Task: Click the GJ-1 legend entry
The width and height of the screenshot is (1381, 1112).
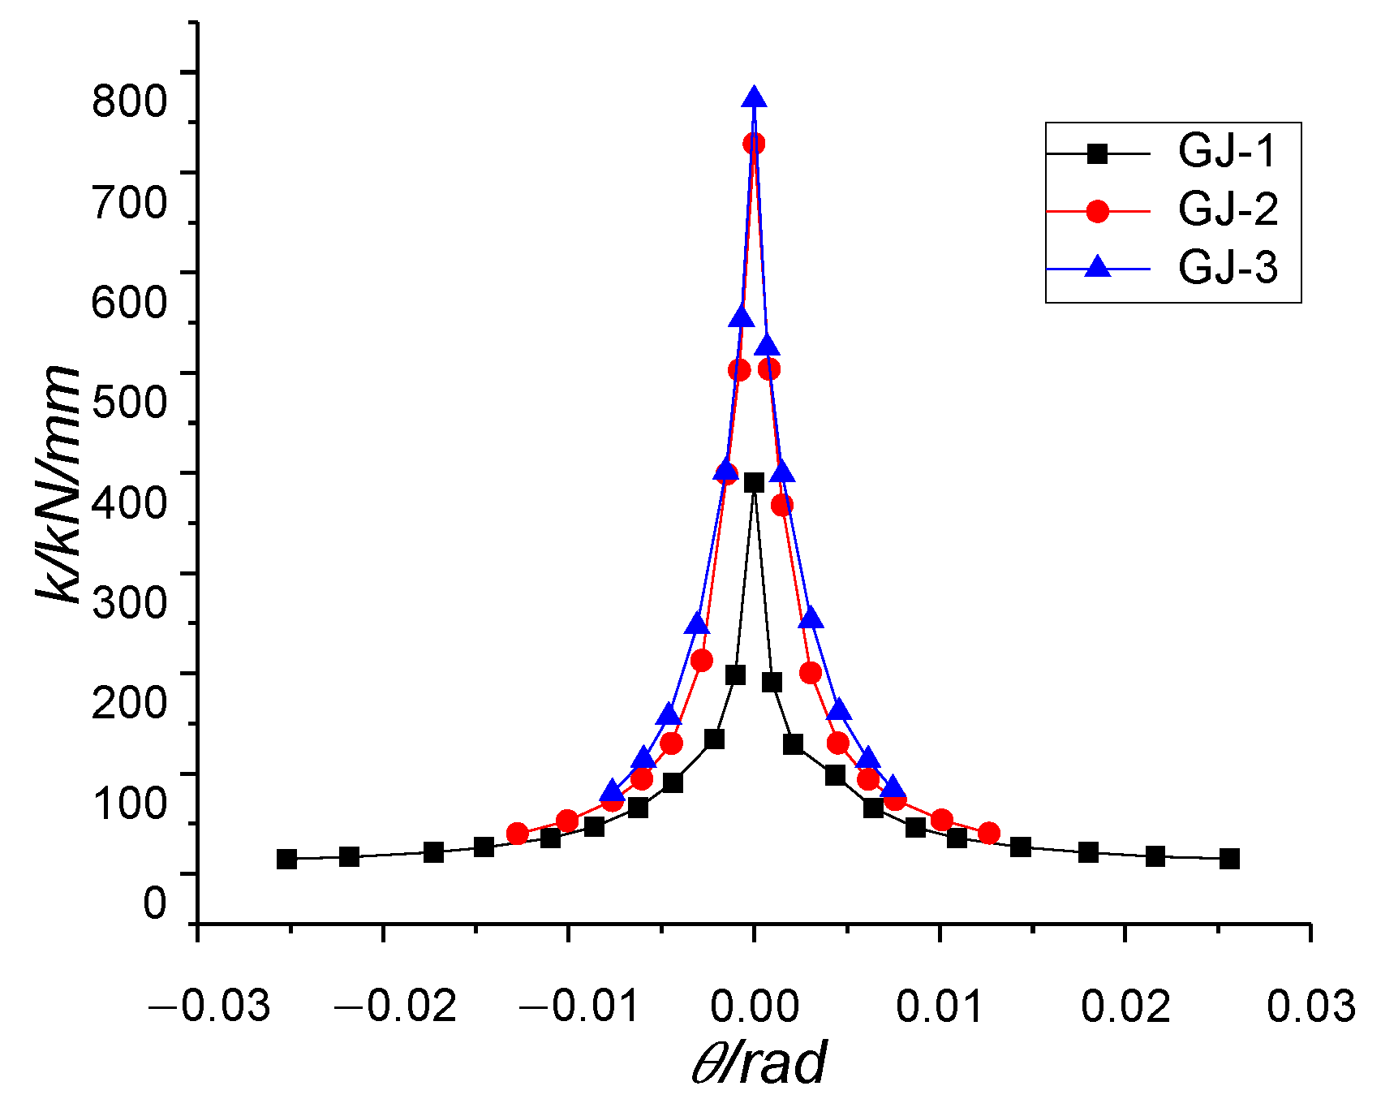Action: pyautogui.click(x=1227, y=153)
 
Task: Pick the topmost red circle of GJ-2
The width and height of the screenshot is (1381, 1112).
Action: pyautogui.click(x=754, y=144)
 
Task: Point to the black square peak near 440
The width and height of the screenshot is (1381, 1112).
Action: pyautogui.click(x=754, y=482)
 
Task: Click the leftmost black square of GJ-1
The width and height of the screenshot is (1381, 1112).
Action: pyautogui.click(x=286, y=859)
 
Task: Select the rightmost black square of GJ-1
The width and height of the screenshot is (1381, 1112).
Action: pyautogui.click(x=1229, y=859)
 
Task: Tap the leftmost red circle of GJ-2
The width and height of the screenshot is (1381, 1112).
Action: pyautogui.click(x=517, y=834)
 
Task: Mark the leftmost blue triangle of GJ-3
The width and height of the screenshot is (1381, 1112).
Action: pyautogui.click(x=613, y=792)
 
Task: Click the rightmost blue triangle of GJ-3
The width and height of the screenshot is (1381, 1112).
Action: pyautogui.click(x=893, y=787)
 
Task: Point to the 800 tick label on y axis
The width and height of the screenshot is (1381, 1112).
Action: pyautogui.click(x=129, y=101)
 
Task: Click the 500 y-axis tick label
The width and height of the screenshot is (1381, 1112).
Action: pyautogui.click(x=129, y=401)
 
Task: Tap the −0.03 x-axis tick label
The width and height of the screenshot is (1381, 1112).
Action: pyautogui.click(x=209, y=1006)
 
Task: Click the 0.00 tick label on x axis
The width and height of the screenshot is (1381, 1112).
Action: pyautogui.click(x=755, y=1006)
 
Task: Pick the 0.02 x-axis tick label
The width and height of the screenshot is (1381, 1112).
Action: pyautogui.click(x=1125, y=1006)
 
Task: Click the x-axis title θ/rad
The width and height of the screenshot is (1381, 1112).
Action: pyautogui.click(x=759, y=1063)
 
